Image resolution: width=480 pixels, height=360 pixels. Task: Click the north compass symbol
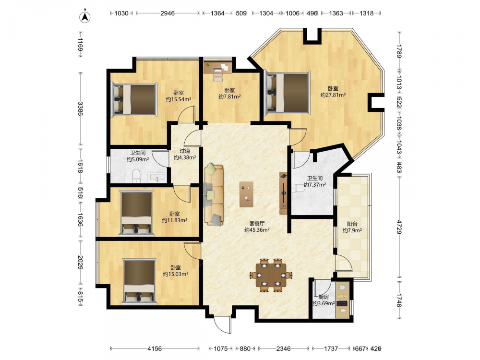tap(85, 17)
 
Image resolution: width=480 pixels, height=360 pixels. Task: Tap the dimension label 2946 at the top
tap(168, 13)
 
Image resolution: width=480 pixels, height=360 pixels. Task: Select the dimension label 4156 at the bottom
tap(155, 348)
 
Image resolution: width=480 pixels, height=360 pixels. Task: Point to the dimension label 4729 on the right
tap(399, 227)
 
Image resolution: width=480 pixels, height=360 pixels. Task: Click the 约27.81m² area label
tap(333, 95)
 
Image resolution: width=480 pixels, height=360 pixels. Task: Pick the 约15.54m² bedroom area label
tap(179, 99)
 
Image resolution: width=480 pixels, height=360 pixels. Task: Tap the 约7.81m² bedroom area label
tap(229, 97)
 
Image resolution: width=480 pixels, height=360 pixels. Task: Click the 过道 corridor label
tap(185, 151)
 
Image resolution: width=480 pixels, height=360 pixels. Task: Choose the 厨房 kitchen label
tap(324, 297)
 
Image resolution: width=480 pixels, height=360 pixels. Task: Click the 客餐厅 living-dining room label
tap(256, 224)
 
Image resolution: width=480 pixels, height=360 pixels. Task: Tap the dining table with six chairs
tap(271, 275)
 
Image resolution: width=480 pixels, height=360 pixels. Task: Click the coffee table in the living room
tap(246, 194)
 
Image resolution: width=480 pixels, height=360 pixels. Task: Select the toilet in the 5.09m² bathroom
tap(136, 177)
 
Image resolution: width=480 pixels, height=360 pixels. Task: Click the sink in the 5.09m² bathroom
tap(157, 178)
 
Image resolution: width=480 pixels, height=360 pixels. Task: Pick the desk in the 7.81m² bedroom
tap(218, 68)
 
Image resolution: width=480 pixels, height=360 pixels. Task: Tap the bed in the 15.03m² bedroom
tap(139, 282)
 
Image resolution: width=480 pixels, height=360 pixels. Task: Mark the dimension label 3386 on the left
tap(80, 108)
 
